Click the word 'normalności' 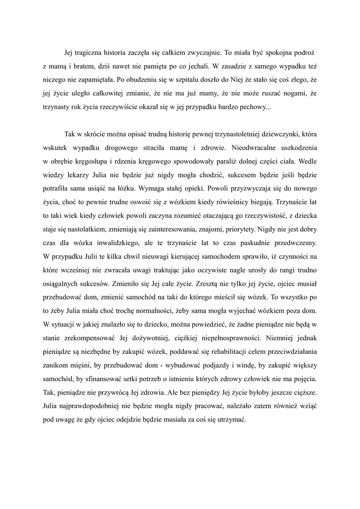click(200, 312)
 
